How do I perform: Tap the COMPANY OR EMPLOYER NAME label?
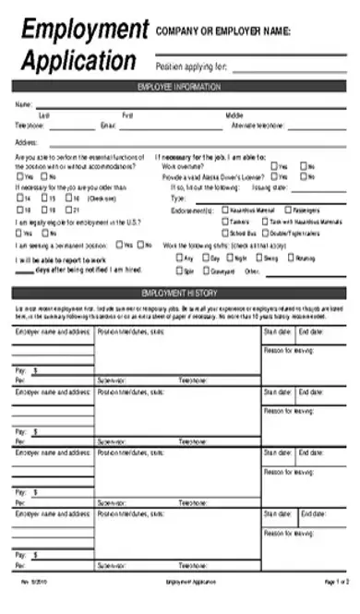pos(222,31)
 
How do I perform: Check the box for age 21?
pos(66,211)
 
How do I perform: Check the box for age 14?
pos(18,198)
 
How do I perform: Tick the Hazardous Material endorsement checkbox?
pos(226,210)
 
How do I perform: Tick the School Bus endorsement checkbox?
pos(226,234)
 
